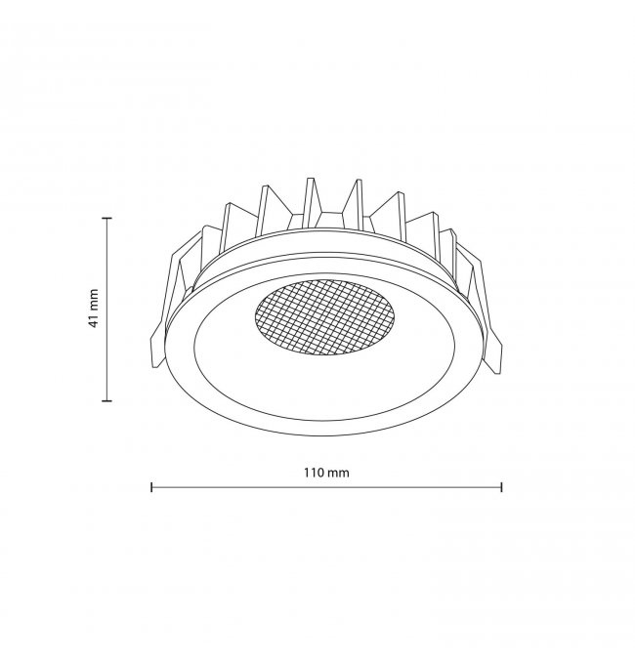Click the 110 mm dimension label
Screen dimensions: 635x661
326,473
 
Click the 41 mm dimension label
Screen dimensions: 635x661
93,309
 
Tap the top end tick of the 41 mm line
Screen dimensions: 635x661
107,218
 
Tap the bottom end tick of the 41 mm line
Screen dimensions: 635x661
107,400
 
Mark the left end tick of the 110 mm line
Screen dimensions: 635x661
151,487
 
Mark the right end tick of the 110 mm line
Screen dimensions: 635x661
501,487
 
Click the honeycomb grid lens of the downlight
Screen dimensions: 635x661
325,316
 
